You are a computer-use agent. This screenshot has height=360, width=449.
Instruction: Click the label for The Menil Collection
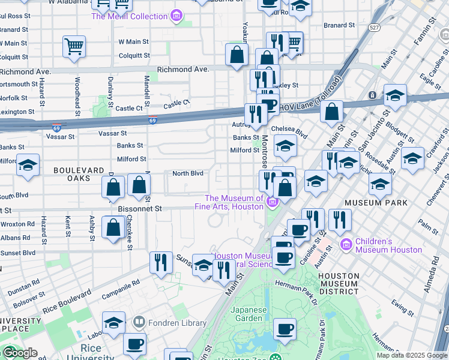(129, 16)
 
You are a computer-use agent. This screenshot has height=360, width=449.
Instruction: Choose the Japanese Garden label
(249, 314)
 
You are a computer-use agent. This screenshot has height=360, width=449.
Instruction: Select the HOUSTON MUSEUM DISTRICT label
(339, 284)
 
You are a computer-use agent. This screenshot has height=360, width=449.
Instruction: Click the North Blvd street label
(188, 173)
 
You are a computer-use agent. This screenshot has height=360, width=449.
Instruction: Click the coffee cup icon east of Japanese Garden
(285, 329)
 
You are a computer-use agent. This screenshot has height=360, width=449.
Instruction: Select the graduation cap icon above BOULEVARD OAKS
(28, 165)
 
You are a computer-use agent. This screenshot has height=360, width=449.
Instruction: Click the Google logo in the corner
(19, 352)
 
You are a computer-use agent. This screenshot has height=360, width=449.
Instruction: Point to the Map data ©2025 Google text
(411, 355)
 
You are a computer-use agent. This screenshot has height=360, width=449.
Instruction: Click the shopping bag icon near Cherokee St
(113, 227)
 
